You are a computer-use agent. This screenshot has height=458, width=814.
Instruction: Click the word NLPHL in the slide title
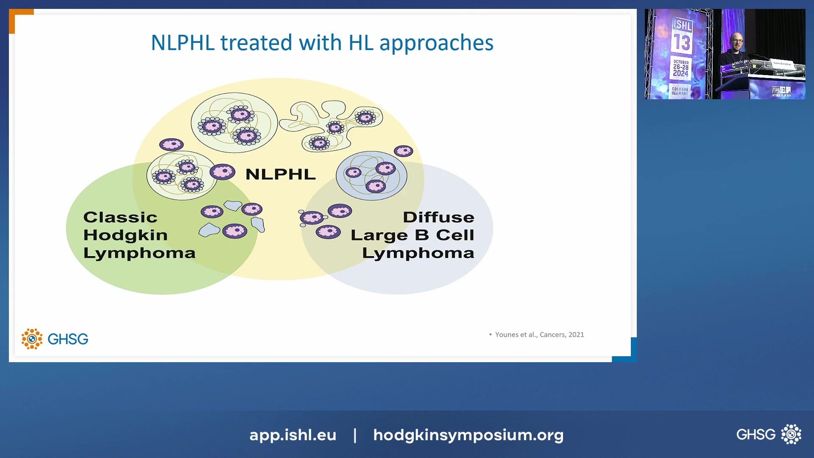click(x=183, y=43)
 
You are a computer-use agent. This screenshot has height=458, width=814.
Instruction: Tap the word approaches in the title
click(x=436, y=43)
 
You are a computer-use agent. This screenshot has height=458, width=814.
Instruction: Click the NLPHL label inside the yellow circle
click(x=280, y=174)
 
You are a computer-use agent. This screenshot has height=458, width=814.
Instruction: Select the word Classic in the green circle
click(x=120, y=217)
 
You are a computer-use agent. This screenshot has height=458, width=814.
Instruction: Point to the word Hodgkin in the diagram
click(x=125, y=235)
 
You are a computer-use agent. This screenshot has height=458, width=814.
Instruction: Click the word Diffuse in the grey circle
click(x=438, y=217)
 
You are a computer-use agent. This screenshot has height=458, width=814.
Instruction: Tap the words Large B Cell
click(x=412, y=235)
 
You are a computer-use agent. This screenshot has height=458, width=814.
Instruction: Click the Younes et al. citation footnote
click(x=539, y=335)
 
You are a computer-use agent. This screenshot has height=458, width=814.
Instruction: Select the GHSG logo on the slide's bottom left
click(x=55, y=339)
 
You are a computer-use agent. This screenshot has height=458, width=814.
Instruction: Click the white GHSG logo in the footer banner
click(x=768, y=434)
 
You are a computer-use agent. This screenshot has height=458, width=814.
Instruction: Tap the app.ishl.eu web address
click(x=293, y=435)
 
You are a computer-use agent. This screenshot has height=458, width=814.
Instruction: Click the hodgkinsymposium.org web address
click(x=468, y=435)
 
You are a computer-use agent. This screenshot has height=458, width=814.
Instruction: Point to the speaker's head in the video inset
click(x=738, y=41)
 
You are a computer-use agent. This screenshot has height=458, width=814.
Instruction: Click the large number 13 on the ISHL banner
click(x=682, y=42)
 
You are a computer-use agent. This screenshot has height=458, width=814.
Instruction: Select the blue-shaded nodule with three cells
click(x=371, y=176)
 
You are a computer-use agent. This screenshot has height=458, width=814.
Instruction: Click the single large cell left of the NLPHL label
click(x=222, y=172)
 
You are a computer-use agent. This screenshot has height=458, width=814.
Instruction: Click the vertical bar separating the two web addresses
click(x=355, y=435)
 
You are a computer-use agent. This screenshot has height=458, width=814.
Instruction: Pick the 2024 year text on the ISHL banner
click(x=680, y=73)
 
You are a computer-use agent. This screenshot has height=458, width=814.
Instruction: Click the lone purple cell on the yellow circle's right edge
click(x=403, y=151)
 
